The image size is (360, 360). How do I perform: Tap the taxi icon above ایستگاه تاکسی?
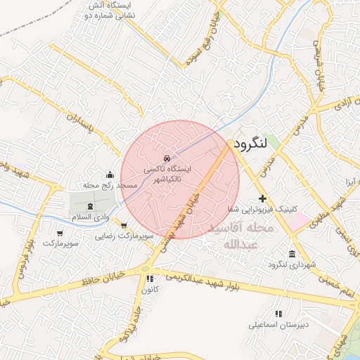(167, 158)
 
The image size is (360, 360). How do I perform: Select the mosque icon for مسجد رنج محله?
(109, 174)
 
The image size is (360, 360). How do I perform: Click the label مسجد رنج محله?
(109, 185)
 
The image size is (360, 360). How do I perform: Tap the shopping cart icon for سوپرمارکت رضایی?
(124, 226)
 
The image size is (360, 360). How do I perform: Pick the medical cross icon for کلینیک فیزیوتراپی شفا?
(263, 199)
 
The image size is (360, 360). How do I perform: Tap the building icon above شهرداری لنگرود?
(292, 254)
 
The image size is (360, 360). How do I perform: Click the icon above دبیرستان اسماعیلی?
(278, 314)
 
